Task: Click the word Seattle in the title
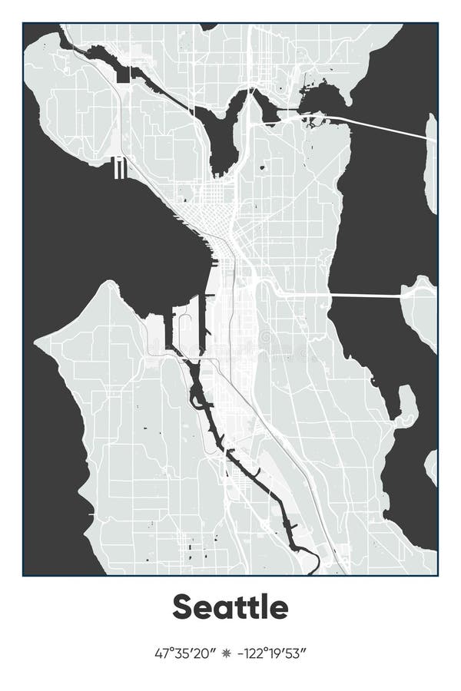(230, 607)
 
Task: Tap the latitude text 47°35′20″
(182, 654)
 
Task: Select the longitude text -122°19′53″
(272, 654)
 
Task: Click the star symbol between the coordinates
(226, 654)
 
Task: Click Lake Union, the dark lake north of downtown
(222, 142)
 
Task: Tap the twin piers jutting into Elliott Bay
(119, 167)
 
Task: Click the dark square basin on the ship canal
(124, 74)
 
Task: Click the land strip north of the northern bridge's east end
(431, 161)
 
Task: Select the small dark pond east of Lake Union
(263, 165)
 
